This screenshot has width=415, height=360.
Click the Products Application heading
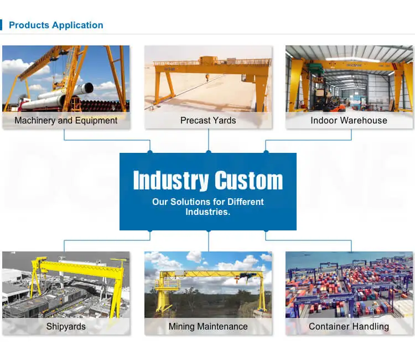(x=56, y=25)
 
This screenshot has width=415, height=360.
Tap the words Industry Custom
(x=208, y=181)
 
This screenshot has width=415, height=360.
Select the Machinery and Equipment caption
(x=66, y=121)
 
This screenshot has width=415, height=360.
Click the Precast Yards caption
(x=208, y=121)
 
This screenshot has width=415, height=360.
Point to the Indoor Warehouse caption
(x=349, y=121)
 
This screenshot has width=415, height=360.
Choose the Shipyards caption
(x=66, y=326)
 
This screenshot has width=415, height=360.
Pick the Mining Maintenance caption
(x=208, y=326)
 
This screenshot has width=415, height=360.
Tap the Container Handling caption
(x=349, y=326)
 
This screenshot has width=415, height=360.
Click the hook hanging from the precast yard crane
(x=207, y=78)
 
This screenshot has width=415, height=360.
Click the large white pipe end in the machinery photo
(x=87, y=88)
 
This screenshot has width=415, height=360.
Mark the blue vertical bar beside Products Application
(x=1, y=25)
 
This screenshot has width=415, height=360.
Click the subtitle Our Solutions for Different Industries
(x=208, y=207)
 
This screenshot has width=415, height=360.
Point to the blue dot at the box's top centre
(x=209, y=152)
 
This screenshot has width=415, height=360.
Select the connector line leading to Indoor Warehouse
(x=308, y=140)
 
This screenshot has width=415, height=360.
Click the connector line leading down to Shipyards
(x=107, y=240)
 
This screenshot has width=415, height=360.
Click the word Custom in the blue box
(x=249, y=181)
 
